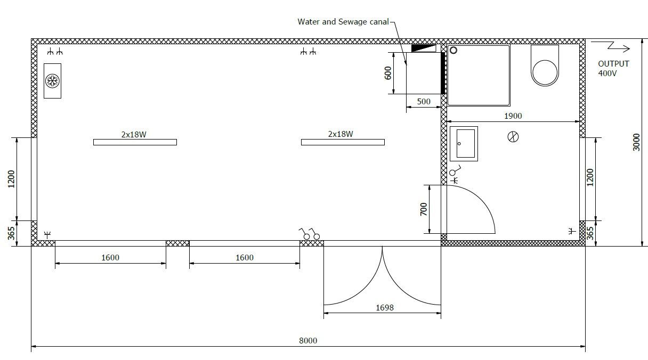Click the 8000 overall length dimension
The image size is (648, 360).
308,341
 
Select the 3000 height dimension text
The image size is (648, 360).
636,142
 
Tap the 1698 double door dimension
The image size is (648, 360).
385,308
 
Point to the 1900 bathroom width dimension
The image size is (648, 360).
513,116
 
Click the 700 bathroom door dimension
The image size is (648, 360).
424,209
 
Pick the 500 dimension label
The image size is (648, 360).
424,102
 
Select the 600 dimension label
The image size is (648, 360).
388,73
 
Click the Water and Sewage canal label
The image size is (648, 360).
343,22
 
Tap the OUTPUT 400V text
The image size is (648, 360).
613,69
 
